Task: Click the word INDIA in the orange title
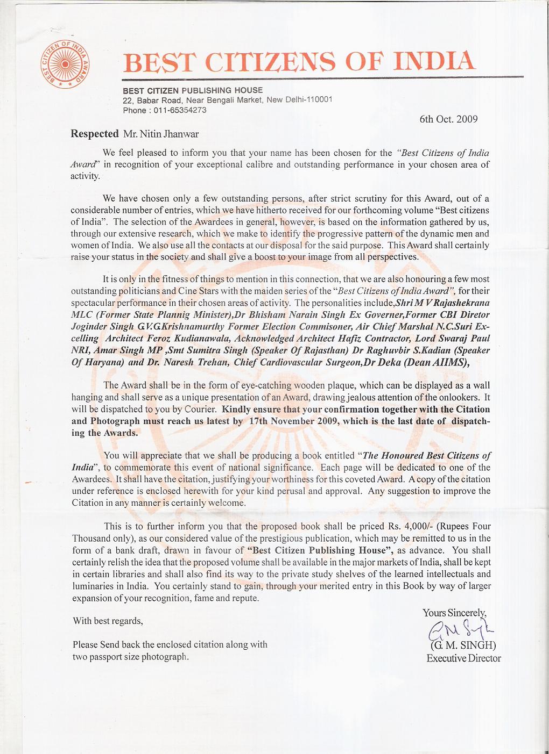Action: click(434, 61)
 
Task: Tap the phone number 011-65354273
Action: click(180, 110)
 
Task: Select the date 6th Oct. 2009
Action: click(448, 119)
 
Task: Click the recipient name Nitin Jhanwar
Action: click(169, 134)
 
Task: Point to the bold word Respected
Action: click(95, 134)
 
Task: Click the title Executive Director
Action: click(463, 658)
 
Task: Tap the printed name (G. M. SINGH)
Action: click(463, 645)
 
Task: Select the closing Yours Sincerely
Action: click(454, 613)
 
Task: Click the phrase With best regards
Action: click(108, 621)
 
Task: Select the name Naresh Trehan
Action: click(196, 362)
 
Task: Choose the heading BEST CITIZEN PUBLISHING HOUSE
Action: click(193, 90)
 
